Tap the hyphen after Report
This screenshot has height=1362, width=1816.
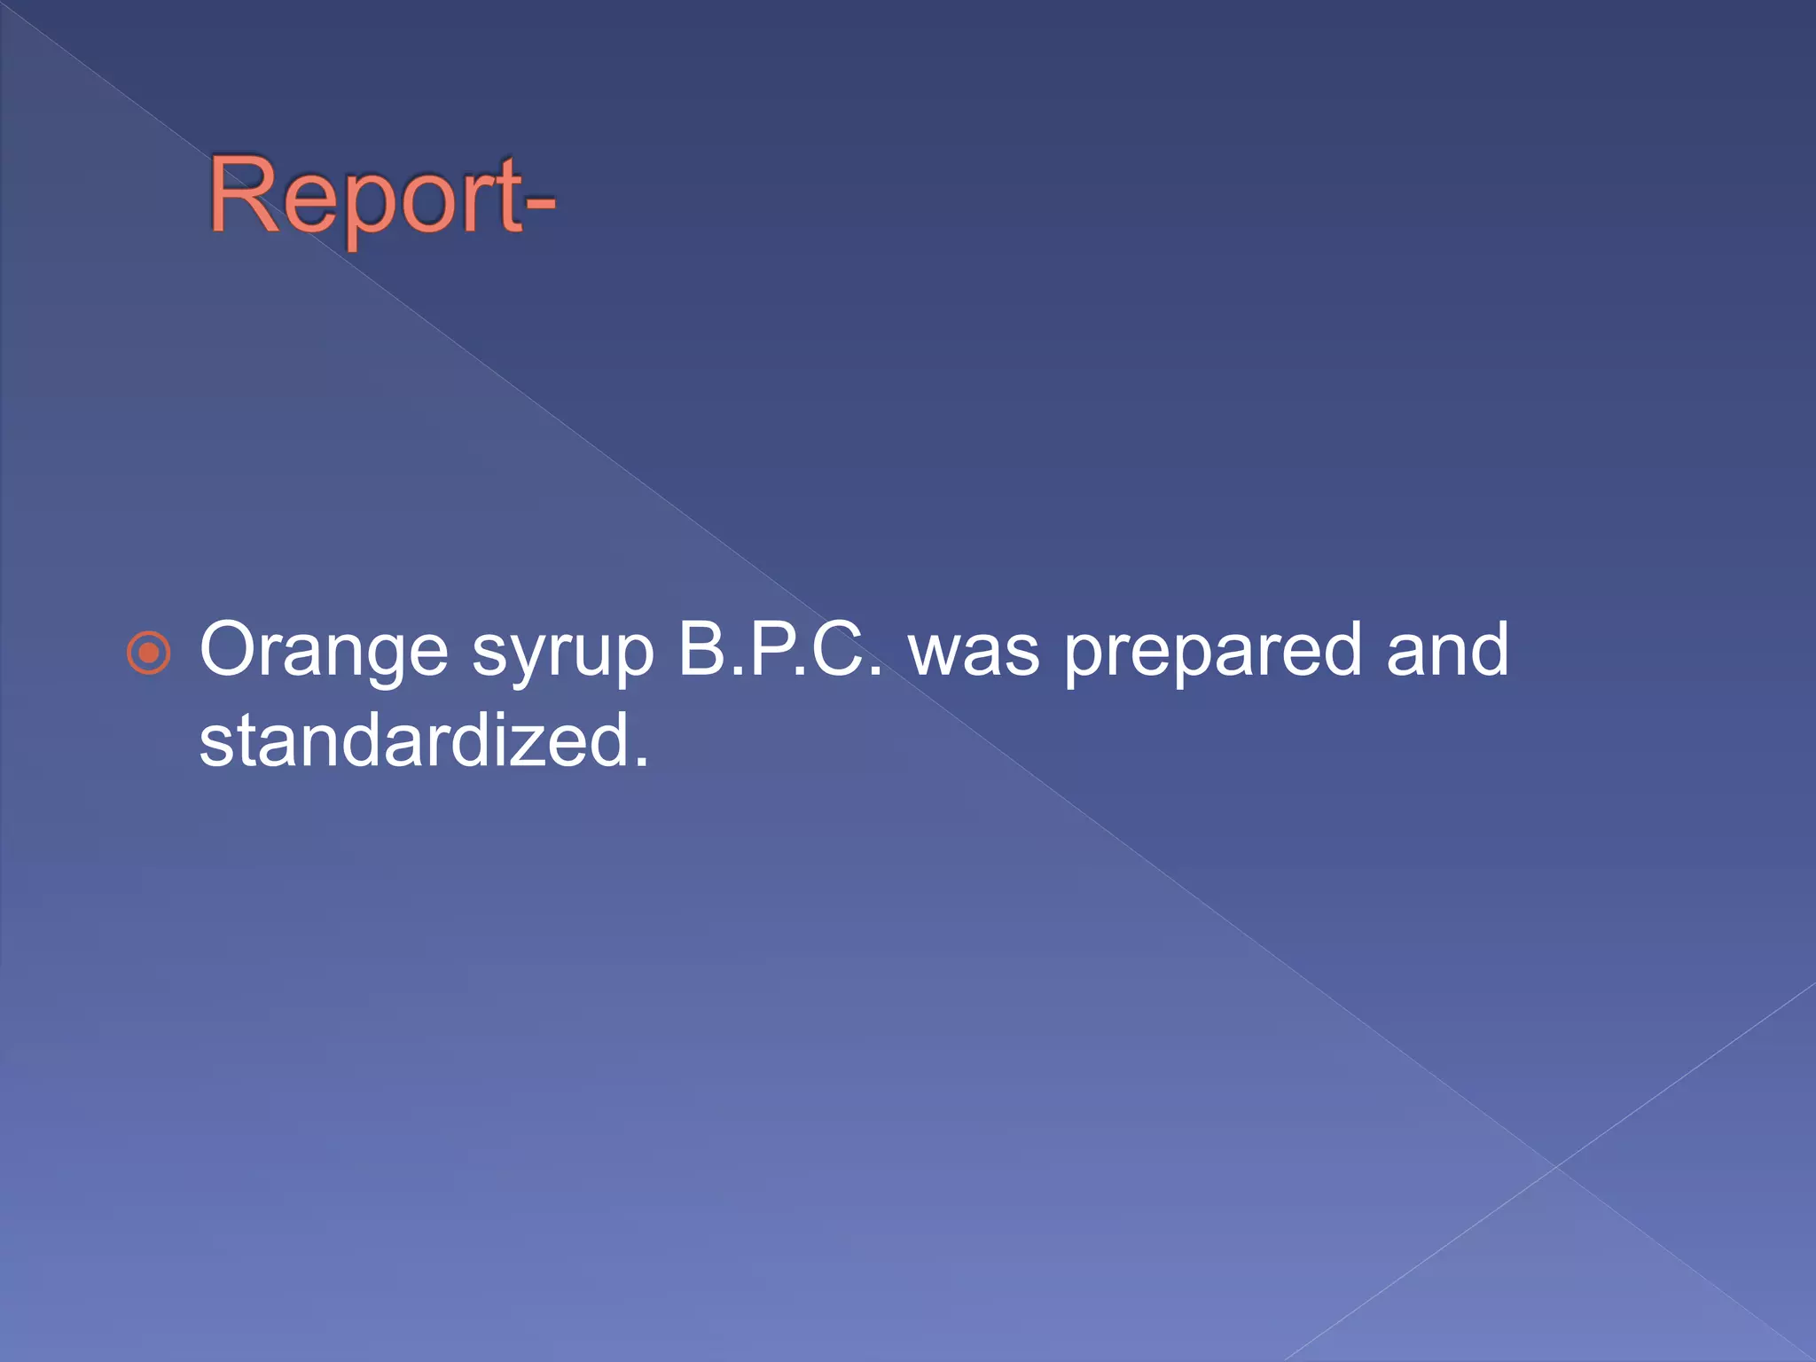[x=539, y=205]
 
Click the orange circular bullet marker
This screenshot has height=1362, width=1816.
[x=149, y=654]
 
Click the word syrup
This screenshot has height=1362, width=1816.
[x=562, y=656]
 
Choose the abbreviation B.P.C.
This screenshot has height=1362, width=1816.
[x=780, y=650]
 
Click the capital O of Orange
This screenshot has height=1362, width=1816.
[x=232, y=650]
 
